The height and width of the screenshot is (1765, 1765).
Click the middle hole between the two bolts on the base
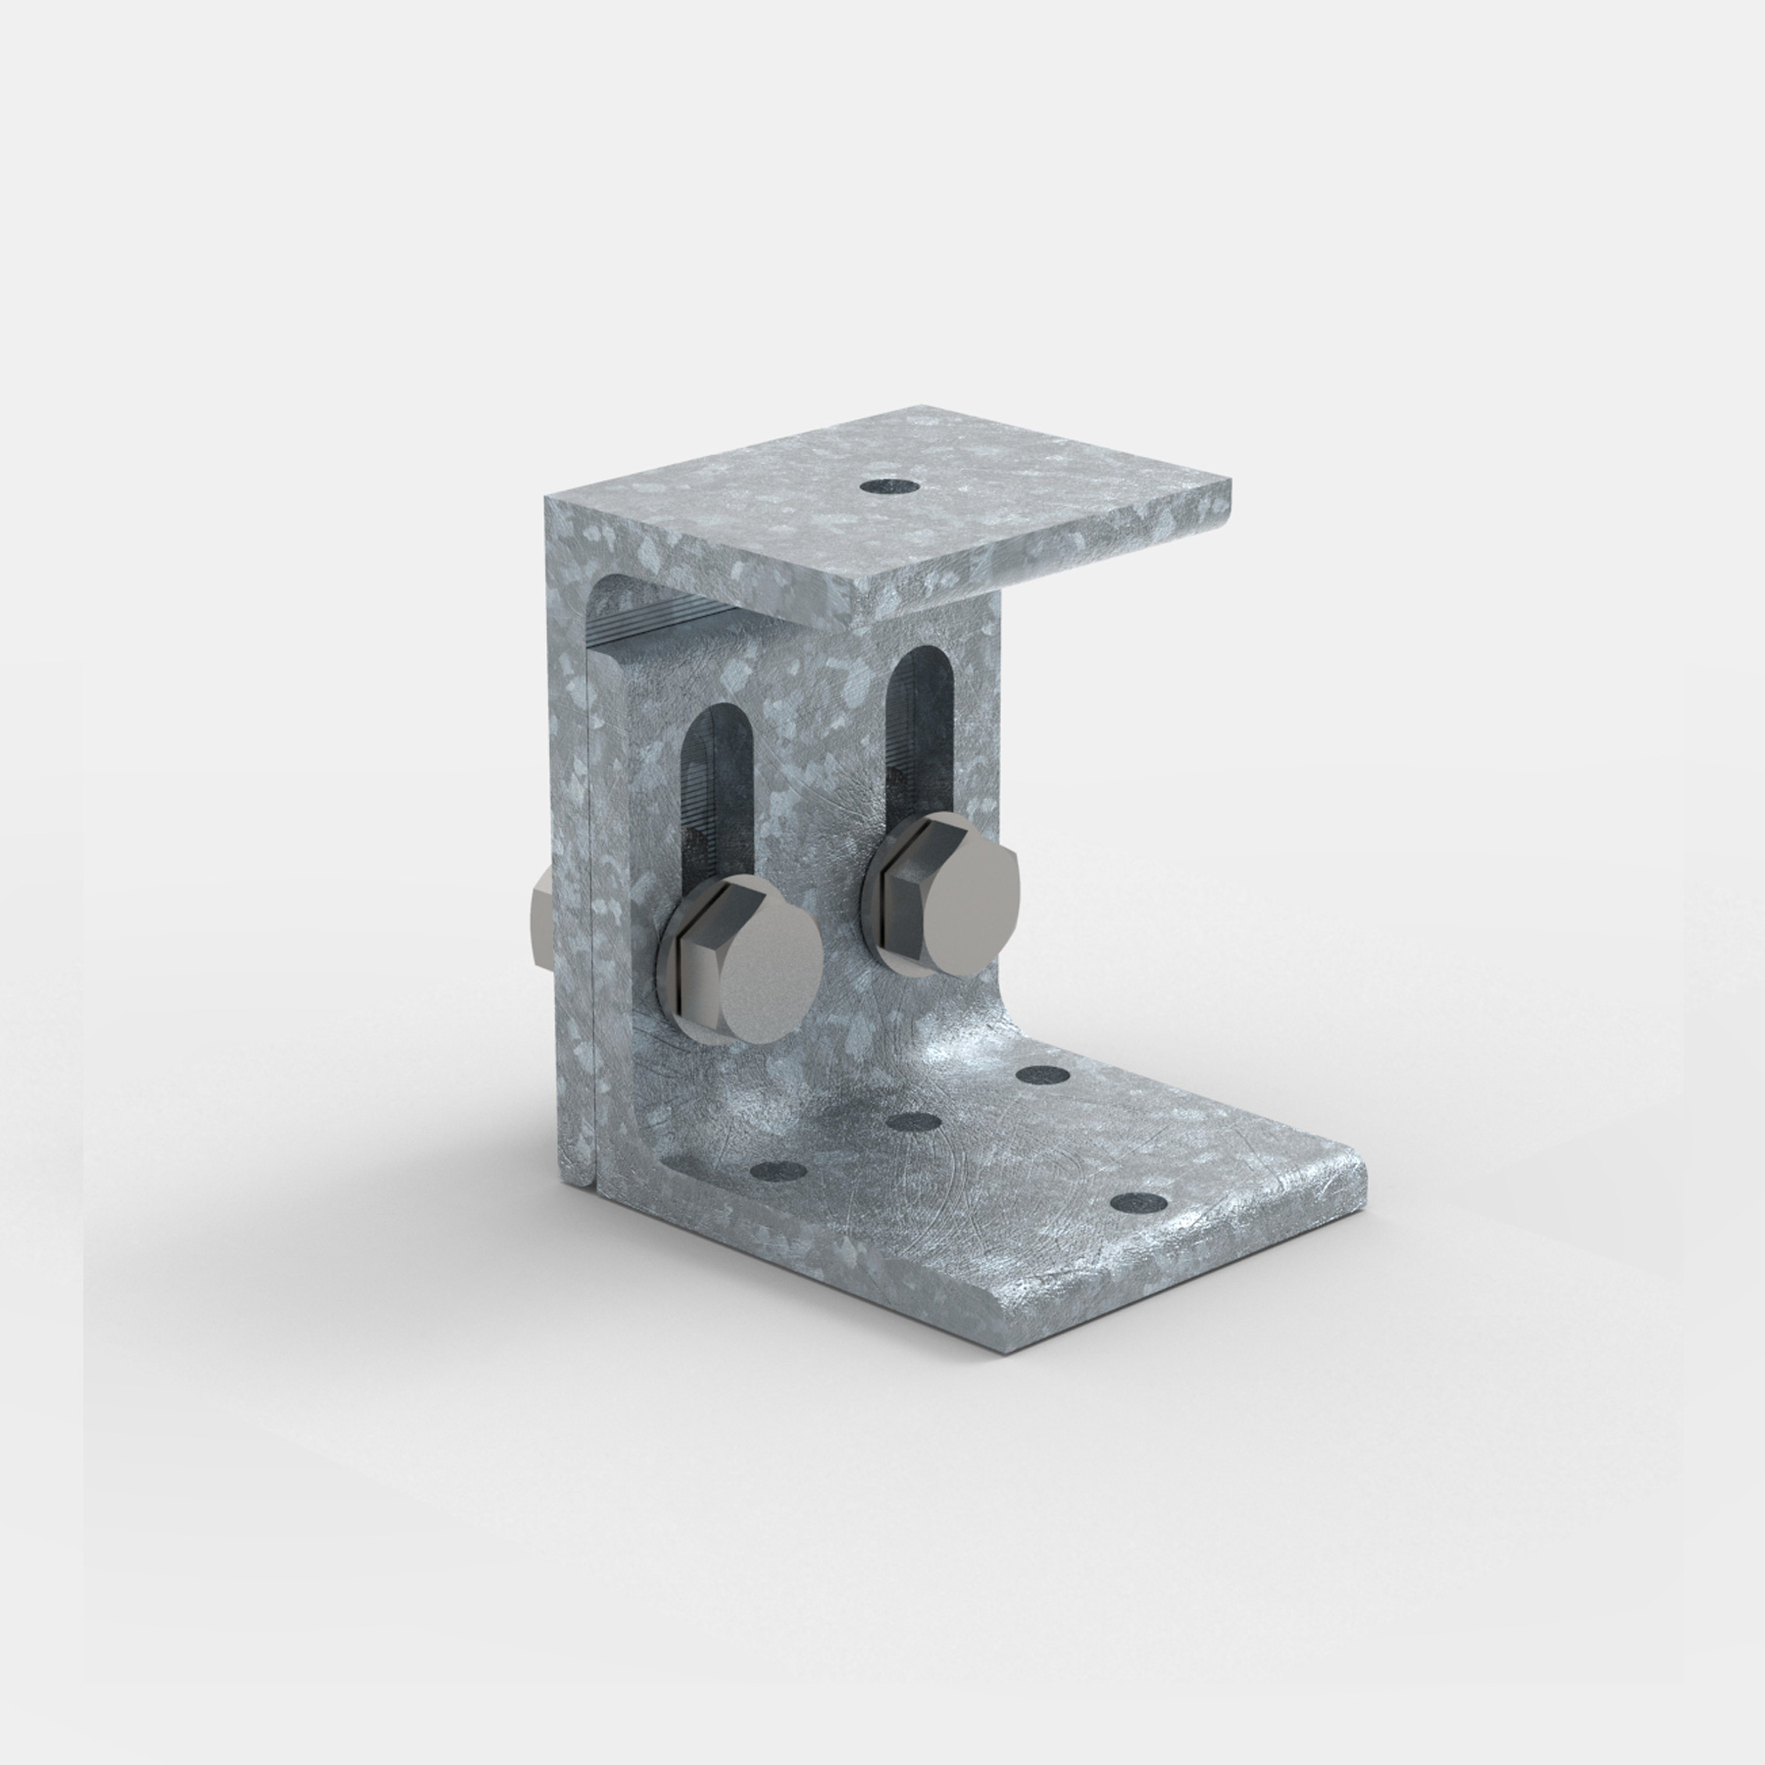coord(913,1120)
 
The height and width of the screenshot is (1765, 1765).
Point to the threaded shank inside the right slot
coord(918,775)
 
